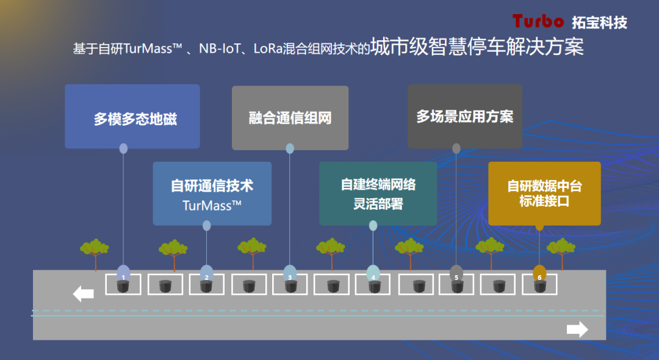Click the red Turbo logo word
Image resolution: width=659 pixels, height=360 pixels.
[538, 21]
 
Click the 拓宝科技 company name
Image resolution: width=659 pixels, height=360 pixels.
[599, 23]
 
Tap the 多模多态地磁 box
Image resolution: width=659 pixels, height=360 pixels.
[132, 117]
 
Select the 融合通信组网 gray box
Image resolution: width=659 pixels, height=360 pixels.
[290, 118]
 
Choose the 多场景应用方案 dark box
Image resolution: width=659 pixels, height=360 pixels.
[465, 116]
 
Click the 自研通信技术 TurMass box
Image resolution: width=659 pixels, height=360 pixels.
[212, 193]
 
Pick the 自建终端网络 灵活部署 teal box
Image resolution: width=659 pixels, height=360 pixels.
[378, 193]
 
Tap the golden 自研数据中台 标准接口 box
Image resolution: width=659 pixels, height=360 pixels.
[544, 193]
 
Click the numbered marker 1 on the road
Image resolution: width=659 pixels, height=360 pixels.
[123, 274]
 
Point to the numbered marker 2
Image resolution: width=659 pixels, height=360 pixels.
[207, 274]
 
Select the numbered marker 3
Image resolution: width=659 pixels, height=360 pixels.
[290, 274]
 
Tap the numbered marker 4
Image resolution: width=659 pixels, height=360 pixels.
[373, 274]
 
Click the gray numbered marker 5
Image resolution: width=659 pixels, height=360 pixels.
[456, 274]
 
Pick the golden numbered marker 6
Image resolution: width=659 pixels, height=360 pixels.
[539, 274]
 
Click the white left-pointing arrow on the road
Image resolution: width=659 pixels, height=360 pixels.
[84, 294]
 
